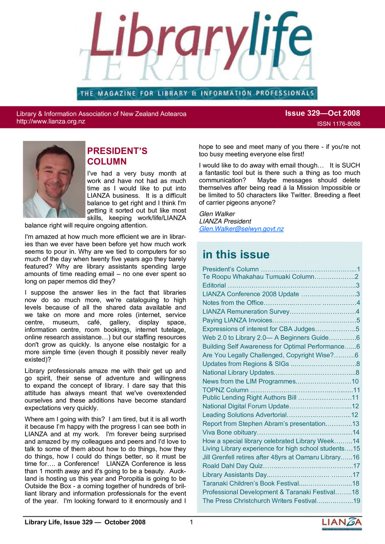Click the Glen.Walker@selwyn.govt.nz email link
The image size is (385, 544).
coord(241,229)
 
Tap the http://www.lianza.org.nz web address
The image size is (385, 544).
coord(51,121)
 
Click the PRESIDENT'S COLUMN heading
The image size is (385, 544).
coord(117,156)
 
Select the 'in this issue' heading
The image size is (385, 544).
coord(236,255)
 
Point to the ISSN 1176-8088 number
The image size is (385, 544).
coord(338,124)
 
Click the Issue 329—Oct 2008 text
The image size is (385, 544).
coord(322,113)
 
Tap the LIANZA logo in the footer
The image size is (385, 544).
coord(341,523)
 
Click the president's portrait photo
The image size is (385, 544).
coord(54,179)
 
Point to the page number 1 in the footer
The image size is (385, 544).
coord(191,522)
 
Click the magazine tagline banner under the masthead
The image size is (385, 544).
coord(197,93)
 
